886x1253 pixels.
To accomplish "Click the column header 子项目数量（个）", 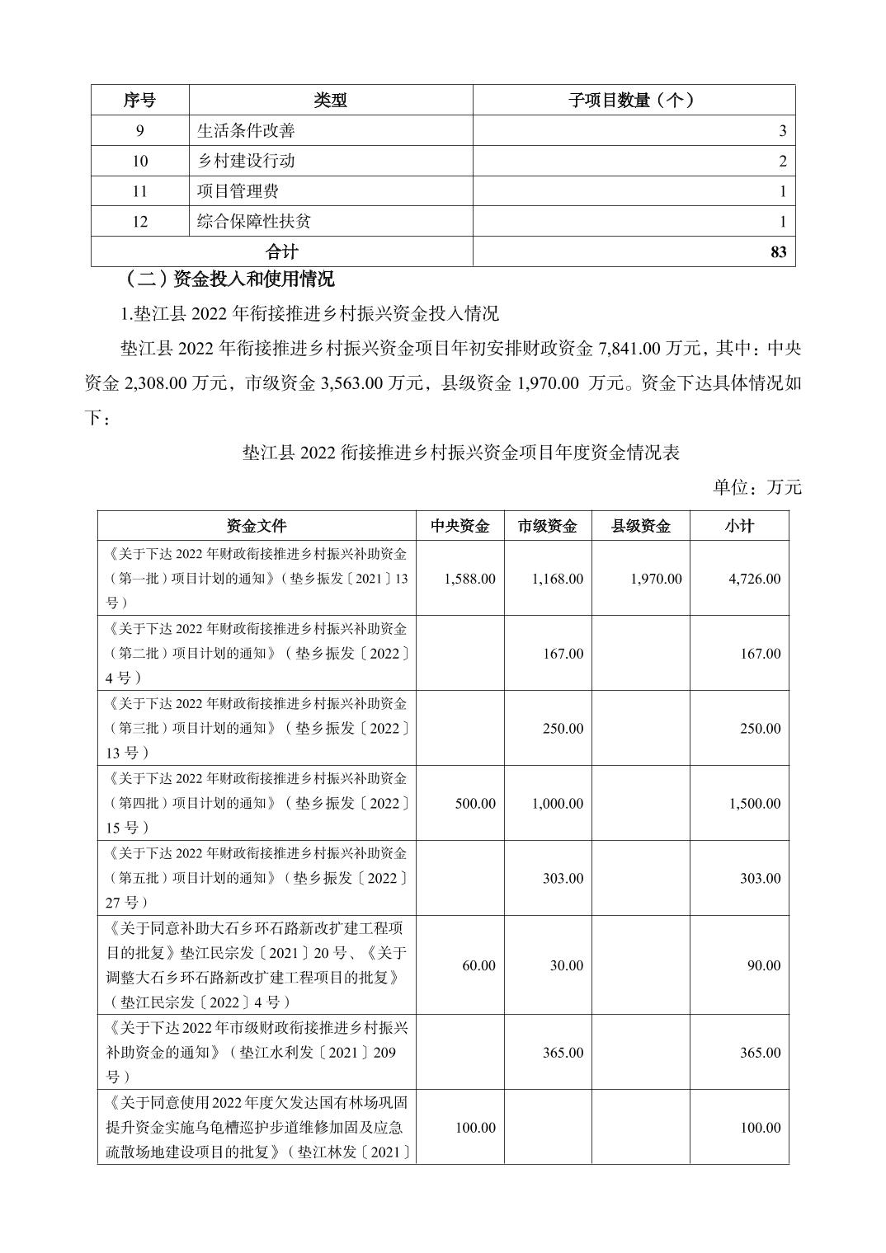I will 633,100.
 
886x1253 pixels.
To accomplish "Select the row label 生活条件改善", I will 246,130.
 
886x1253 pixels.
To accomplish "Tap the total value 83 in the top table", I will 778,252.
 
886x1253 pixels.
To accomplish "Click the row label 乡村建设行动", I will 246,161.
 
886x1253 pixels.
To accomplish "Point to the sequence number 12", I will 139,222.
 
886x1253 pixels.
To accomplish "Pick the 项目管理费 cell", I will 238,191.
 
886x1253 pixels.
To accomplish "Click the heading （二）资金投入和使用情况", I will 229,279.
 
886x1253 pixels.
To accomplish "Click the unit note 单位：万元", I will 756,487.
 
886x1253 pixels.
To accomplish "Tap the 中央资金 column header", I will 459,526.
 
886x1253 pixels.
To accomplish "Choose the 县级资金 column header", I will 640,526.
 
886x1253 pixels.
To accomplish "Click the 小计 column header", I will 739,526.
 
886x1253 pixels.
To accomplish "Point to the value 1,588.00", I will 469,579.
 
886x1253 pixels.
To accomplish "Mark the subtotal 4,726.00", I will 754,579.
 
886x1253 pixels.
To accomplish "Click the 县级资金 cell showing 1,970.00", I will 656,579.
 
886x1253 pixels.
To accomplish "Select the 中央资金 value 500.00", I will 475,804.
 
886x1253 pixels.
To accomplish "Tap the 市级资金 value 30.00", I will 566,965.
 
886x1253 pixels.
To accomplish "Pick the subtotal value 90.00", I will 763,965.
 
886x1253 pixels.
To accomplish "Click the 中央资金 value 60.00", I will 478,965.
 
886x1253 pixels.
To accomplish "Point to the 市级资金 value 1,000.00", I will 558,804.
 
